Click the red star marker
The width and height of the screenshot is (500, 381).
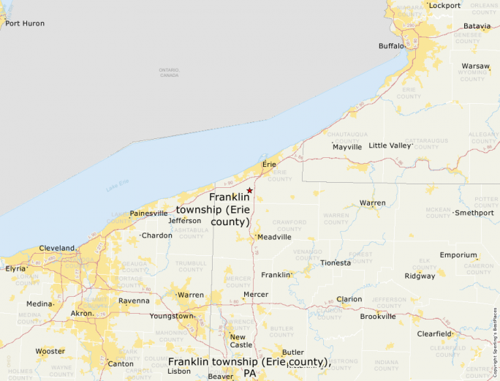[249, 190]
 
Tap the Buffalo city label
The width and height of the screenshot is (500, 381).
[391, 46]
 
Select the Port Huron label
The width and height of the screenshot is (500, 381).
[25, 23]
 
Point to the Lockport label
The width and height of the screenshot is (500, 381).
[444, 6]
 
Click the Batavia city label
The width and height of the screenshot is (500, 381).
[477, 26]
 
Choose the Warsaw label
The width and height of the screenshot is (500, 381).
[475, 66]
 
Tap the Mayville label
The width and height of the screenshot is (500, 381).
[347, 147]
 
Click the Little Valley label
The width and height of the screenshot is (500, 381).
[390, 146]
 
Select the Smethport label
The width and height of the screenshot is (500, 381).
[474, 213]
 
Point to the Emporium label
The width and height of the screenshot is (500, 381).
[458, 255]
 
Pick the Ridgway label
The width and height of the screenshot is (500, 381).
[420, 276]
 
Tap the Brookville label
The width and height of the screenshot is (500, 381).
[378, 317]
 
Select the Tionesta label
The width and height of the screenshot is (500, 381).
[336, 263]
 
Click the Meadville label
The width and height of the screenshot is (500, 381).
[275, 237]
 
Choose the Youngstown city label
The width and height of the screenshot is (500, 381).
[172, 316]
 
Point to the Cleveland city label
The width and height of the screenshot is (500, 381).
[57, 248]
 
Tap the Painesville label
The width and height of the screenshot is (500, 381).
[148, 214]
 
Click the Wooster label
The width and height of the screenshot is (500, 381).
[50, 351]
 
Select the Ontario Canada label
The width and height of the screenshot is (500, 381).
[169, 72]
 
